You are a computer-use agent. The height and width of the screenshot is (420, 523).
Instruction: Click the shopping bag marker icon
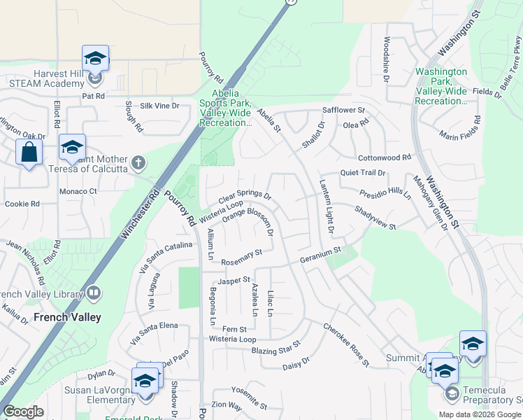[29, 151]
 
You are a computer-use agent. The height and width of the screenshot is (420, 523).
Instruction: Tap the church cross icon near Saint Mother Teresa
[138, 164]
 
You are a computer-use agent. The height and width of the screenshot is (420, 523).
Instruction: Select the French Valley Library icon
[93, 293]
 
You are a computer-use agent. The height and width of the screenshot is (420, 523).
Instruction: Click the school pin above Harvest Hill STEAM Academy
[95, 58]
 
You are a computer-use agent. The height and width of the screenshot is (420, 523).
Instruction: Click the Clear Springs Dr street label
[244, 194]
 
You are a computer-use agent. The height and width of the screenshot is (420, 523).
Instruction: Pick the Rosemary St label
[241, 257]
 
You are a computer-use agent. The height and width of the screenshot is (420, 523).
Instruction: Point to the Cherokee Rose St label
[346, 344]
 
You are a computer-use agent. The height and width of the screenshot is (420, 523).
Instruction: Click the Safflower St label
[343, 111]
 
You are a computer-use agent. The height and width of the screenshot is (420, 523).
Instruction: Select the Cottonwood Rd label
[384, 158]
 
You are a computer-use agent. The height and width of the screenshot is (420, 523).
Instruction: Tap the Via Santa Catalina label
[166, 255]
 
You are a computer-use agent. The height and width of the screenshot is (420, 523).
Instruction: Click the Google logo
[23, 412]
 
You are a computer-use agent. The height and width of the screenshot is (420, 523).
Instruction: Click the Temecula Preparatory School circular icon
[452, 393]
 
